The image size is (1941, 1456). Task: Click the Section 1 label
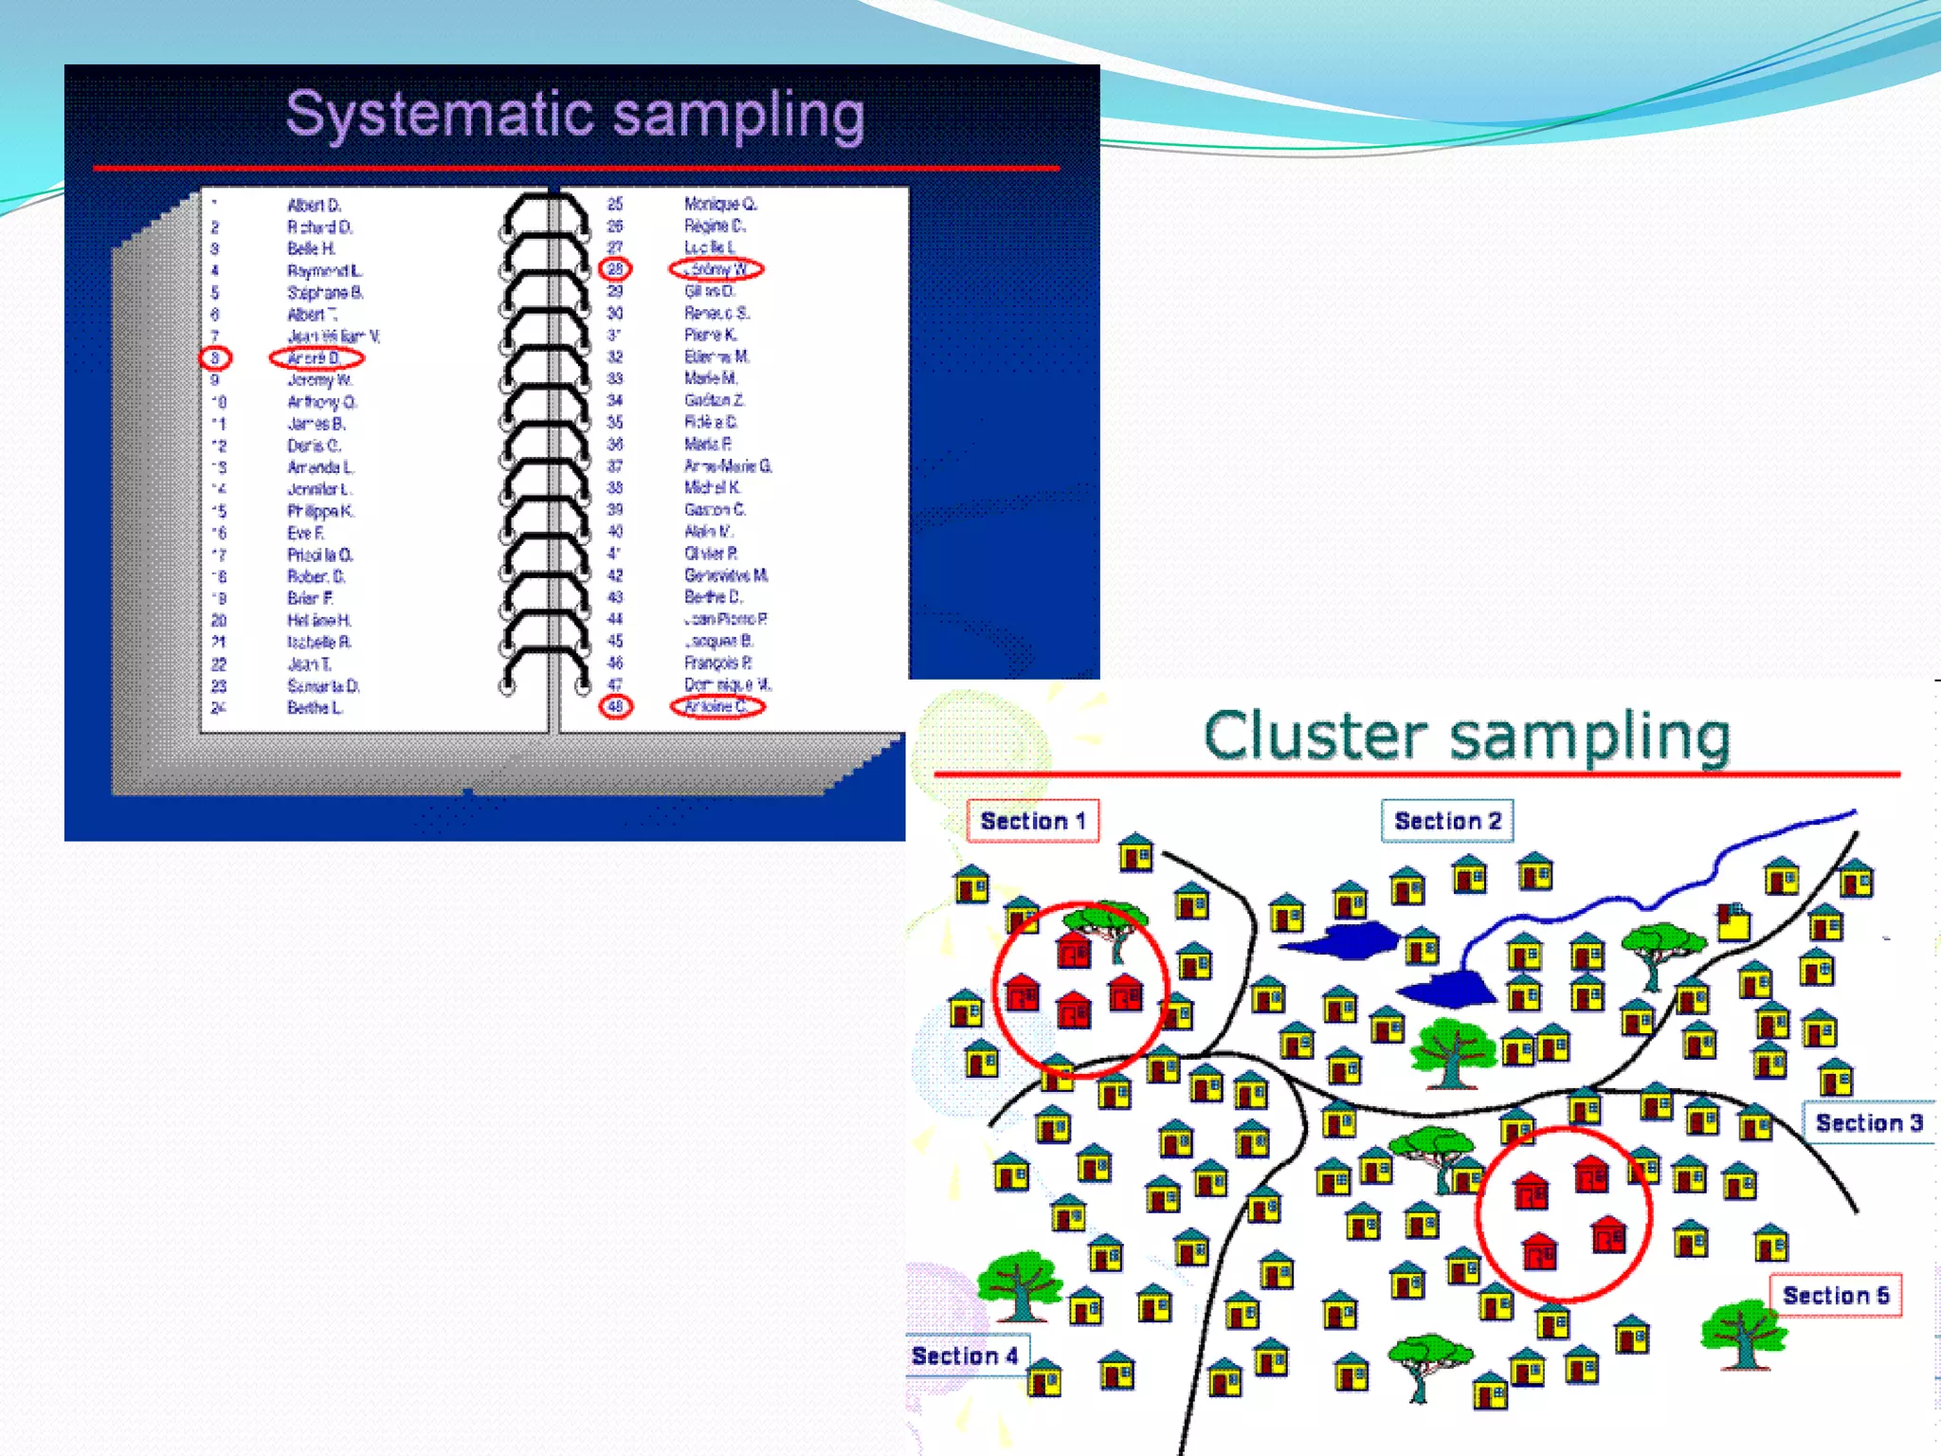[x=1032, y=821]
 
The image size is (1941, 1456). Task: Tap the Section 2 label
[x=1447, y=821]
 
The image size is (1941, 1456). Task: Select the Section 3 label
[x=1868, y=1123]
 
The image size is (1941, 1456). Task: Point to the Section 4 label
[x=965, y=1356]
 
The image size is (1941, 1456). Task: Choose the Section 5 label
[x=1836, y=1296]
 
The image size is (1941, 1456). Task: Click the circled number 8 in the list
[x=215, y=358]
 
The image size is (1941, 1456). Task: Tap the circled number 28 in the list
[x=615, y=269]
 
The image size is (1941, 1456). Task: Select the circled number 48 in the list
[x=615, y=706]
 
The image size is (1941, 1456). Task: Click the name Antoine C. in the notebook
[x=717, y=706]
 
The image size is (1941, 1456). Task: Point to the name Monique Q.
[x=720, y=204]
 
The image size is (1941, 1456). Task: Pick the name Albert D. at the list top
[x=314, y=205]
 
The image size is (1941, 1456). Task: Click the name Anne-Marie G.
[x=728, y=466]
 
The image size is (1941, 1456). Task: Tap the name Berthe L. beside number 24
[x=315, y=708]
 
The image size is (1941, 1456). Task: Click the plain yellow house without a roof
[x=1733, y=921]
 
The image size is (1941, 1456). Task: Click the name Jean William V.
[x=333, y=337]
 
